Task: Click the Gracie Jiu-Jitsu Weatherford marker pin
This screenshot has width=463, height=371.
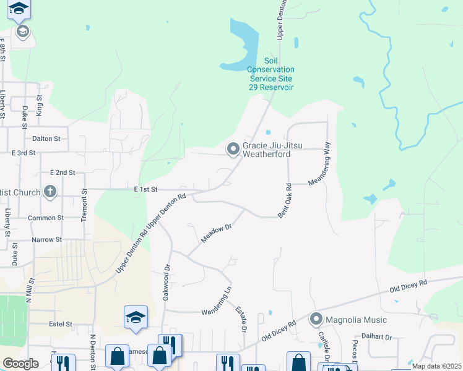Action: click(x=233, y=149)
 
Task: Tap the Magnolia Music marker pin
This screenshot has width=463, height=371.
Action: click(x=317, y=320)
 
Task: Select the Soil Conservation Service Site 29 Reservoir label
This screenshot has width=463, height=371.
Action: click(x=270, y=74)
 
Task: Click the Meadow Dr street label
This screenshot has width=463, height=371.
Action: click(x=216, y=234)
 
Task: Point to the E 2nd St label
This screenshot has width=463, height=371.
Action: click(x=63, y=173)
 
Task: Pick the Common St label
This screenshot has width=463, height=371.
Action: click(x=46, y=218)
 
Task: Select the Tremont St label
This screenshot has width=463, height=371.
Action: click(x=85, y=208)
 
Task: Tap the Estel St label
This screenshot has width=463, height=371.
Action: click(x=61, y=323)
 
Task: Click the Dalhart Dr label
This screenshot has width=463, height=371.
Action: click(x=379, y=337)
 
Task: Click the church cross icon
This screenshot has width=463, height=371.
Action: click(x=50, y=192)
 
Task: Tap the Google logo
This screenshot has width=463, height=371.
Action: click(x=20, y=364)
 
